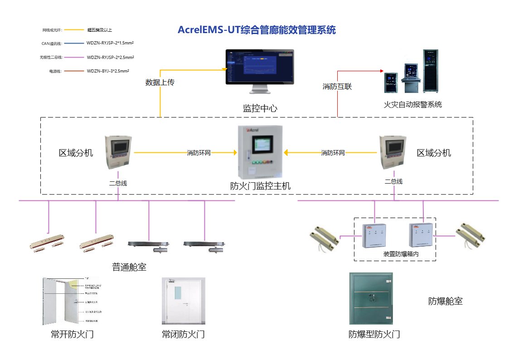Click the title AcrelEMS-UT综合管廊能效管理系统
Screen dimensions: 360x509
tap(257, 30)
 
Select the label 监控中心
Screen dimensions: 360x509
tap(260, 108)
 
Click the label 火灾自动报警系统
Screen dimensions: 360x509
tap(412, 105)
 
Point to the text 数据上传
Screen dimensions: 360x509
tap(160, 83)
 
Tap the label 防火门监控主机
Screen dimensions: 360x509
tap(260, 186)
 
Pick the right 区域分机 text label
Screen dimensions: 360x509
tap(434, 153)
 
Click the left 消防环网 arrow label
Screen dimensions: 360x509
tap(199, 153)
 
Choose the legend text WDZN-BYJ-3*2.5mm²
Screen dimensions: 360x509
tap(108, 71)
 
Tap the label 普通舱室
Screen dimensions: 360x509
tap(129, 267)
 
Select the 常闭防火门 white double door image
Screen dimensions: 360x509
tap(183, 301)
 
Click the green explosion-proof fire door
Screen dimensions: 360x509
tap(371, 298)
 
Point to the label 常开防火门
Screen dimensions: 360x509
tap(72, 335)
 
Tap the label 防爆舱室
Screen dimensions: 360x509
tap(445, 301)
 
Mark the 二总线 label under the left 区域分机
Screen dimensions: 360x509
tap(118, 184)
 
